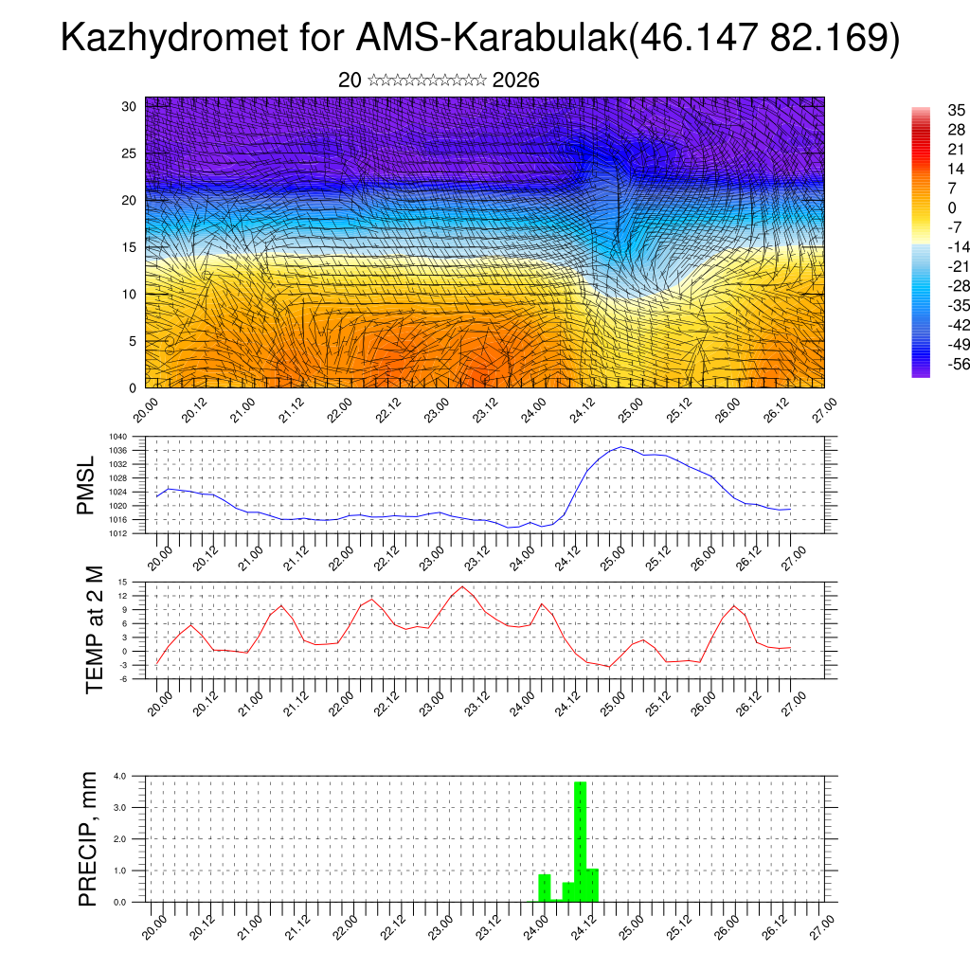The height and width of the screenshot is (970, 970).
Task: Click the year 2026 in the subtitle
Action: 516,81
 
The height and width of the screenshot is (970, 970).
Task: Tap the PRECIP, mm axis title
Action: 88,838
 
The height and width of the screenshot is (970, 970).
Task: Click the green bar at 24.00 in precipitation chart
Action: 544,888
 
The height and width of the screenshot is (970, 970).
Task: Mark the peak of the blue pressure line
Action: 620,447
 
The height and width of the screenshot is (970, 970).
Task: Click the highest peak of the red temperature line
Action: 462,586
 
